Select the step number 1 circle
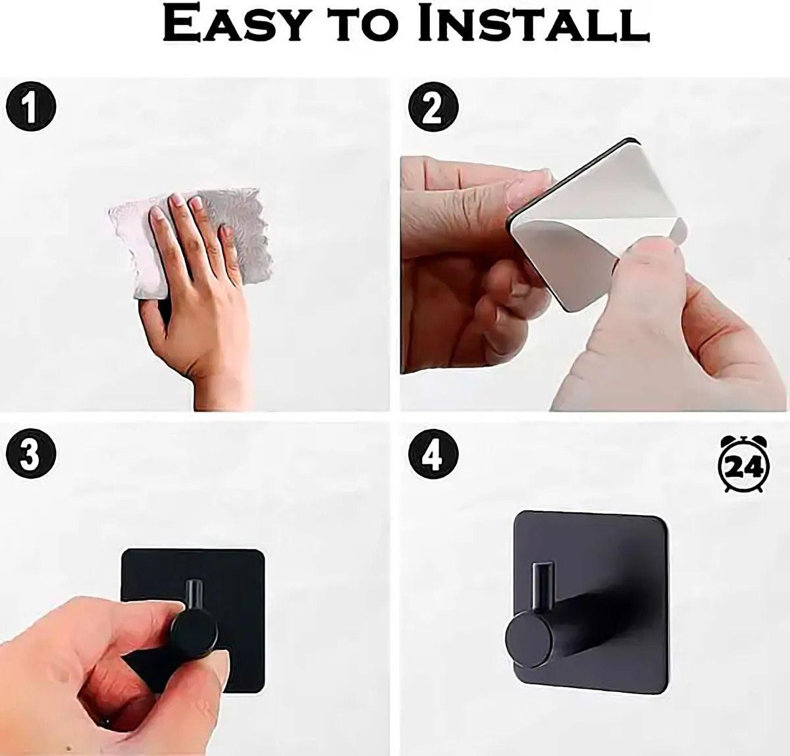[30, 106]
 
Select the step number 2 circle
[433, 107]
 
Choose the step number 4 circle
[433, 454]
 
